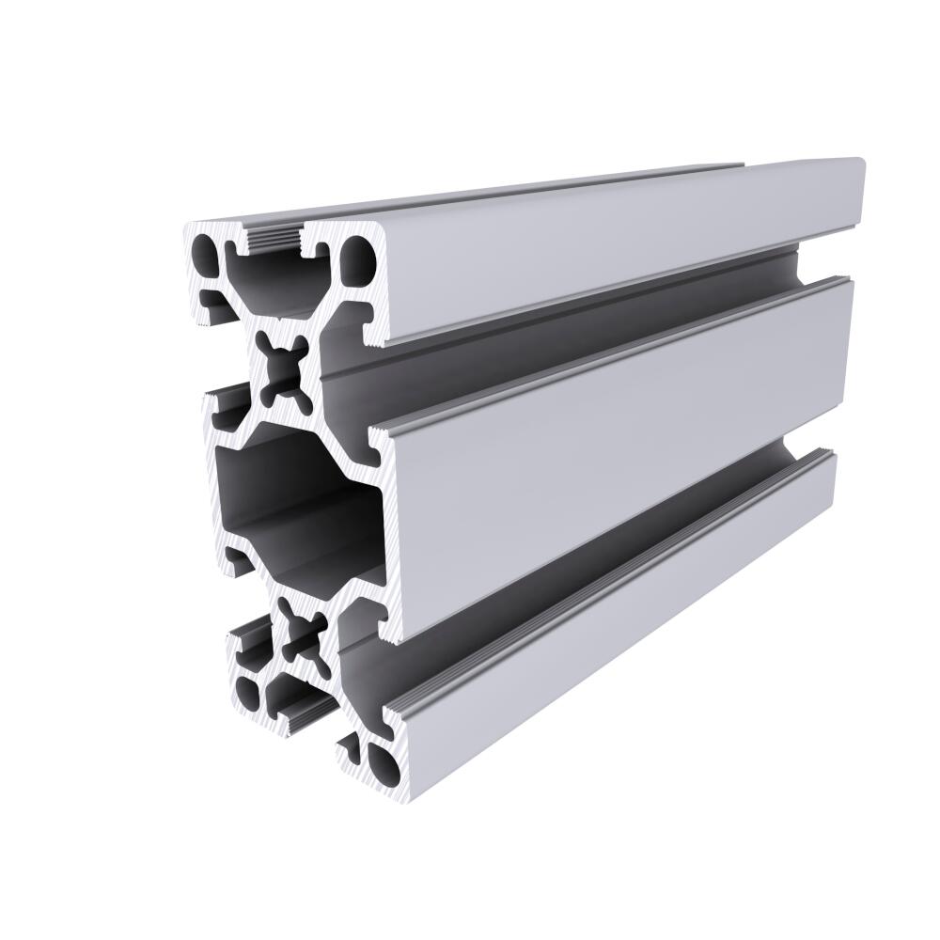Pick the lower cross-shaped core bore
click(x=301, y=639)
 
